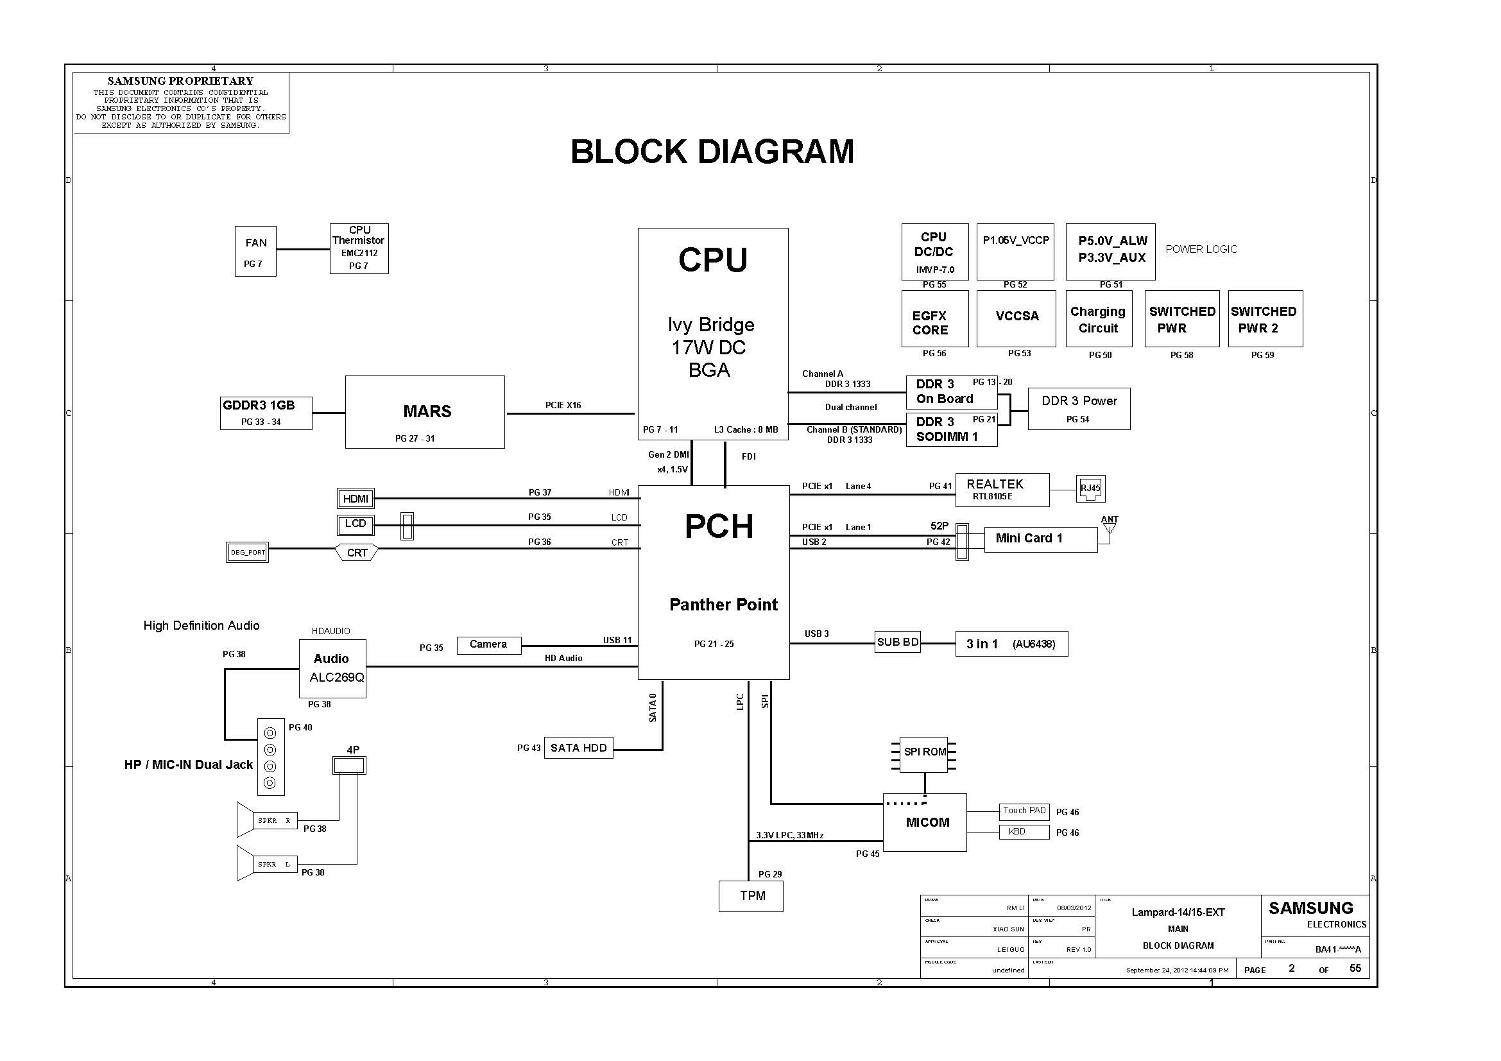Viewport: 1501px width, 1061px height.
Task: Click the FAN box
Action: (255, 251)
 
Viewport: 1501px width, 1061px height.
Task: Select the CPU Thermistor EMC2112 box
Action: (359, 248)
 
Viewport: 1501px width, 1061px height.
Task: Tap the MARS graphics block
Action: (425, 412)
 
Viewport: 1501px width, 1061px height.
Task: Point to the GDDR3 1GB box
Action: (266, 413)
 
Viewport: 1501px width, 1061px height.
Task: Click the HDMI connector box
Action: (356, 499)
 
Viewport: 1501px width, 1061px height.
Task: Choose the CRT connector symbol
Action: (356, 553)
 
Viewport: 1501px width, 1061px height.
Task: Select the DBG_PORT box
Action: (247, 553)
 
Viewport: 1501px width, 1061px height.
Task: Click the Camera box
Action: (488, 644)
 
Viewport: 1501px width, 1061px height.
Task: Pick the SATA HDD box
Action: (578, 748)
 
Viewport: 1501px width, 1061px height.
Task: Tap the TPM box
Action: (751, 895)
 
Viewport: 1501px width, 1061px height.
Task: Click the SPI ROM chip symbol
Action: (924, 752)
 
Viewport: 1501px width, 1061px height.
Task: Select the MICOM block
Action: (925, 822)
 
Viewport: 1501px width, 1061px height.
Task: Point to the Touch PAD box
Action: (1024, 811)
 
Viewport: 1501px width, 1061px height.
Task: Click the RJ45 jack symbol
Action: (1090, 489)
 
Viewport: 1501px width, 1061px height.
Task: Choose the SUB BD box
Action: (898, 643)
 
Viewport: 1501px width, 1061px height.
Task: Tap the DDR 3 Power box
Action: (1079, 409)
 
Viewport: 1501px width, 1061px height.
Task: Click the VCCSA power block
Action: (1016, 318)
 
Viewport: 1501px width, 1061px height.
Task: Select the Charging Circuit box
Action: (1097, 319)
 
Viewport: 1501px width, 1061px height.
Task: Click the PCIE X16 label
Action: (563, 405)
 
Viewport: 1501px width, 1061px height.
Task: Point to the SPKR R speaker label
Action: (274, 820)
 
